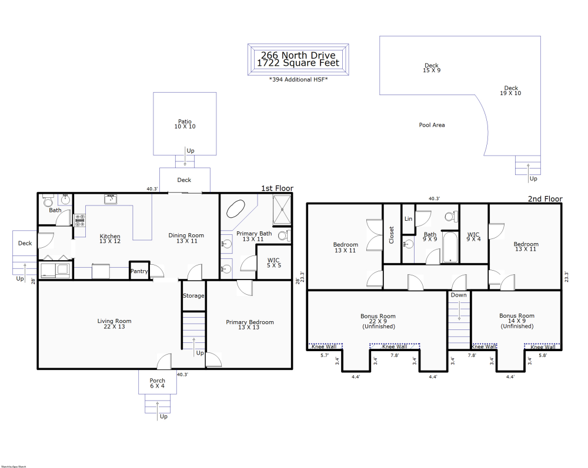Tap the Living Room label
(114, 324)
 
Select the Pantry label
(139, 271)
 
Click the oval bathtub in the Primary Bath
(236, 210)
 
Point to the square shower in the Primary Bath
(282, 210)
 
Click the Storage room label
(193, 295)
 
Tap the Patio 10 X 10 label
(185, 124)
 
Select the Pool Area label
(432, 124)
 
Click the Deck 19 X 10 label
(510, 90)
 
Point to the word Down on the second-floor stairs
(459, 295)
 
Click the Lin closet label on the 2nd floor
(408, 218)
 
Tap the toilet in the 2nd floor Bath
(450, 216)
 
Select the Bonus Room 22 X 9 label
(377, 321)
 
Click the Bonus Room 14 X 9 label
(516, 321)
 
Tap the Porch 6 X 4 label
(157, 383)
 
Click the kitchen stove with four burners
(80, 220)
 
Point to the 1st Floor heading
(277, 188)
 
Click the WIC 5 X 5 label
(273, 262)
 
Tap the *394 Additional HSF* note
(298, 79)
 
